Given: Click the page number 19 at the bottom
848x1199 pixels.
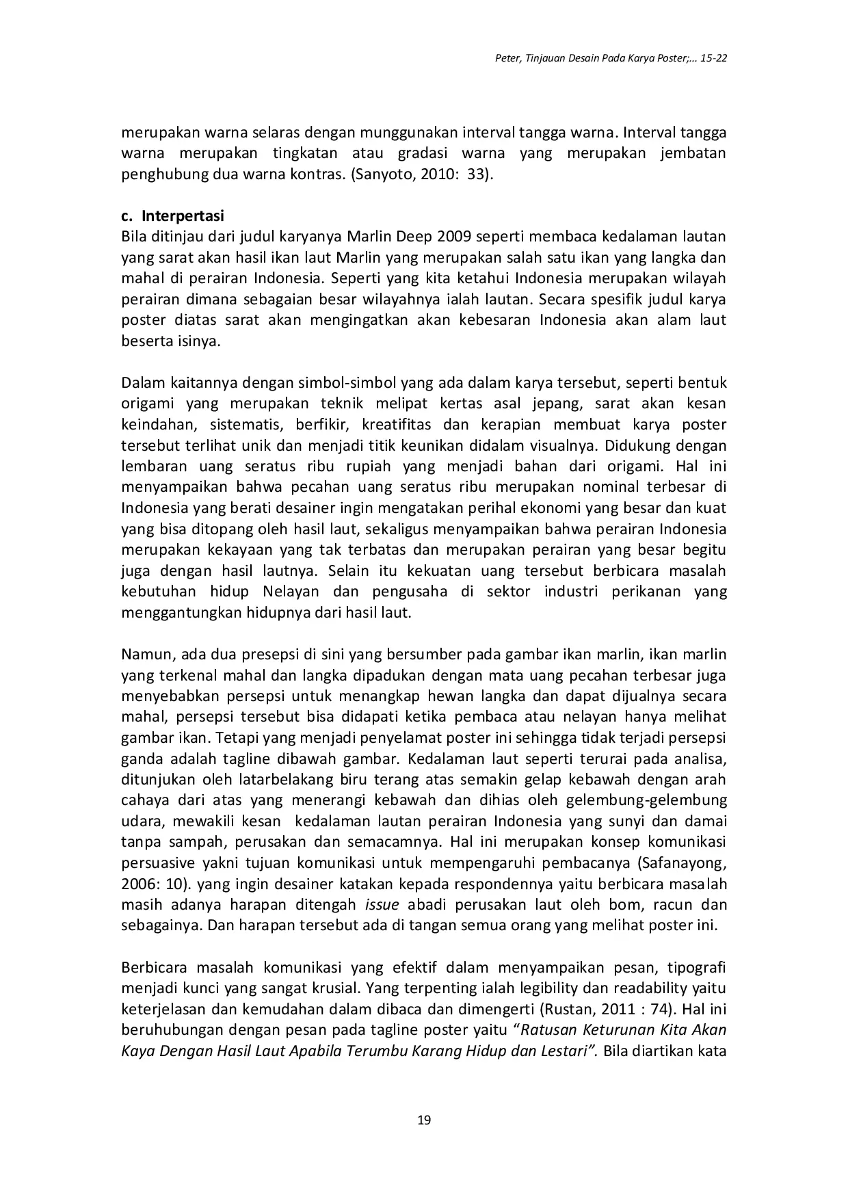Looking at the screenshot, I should pyautogui.click(x=423, y=1120).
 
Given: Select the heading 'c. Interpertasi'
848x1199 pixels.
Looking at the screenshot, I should pyautogui.click(x=173, y=216).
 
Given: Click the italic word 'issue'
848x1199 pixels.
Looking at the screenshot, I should pyautogui.click(x=382, y=905).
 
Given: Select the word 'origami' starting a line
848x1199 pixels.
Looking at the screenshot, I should pyautogui.click(x=146, y=404).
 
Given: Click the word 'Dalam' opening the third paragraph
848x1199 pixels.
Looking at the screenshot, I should pyautogui.click(x=141, y=383).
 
